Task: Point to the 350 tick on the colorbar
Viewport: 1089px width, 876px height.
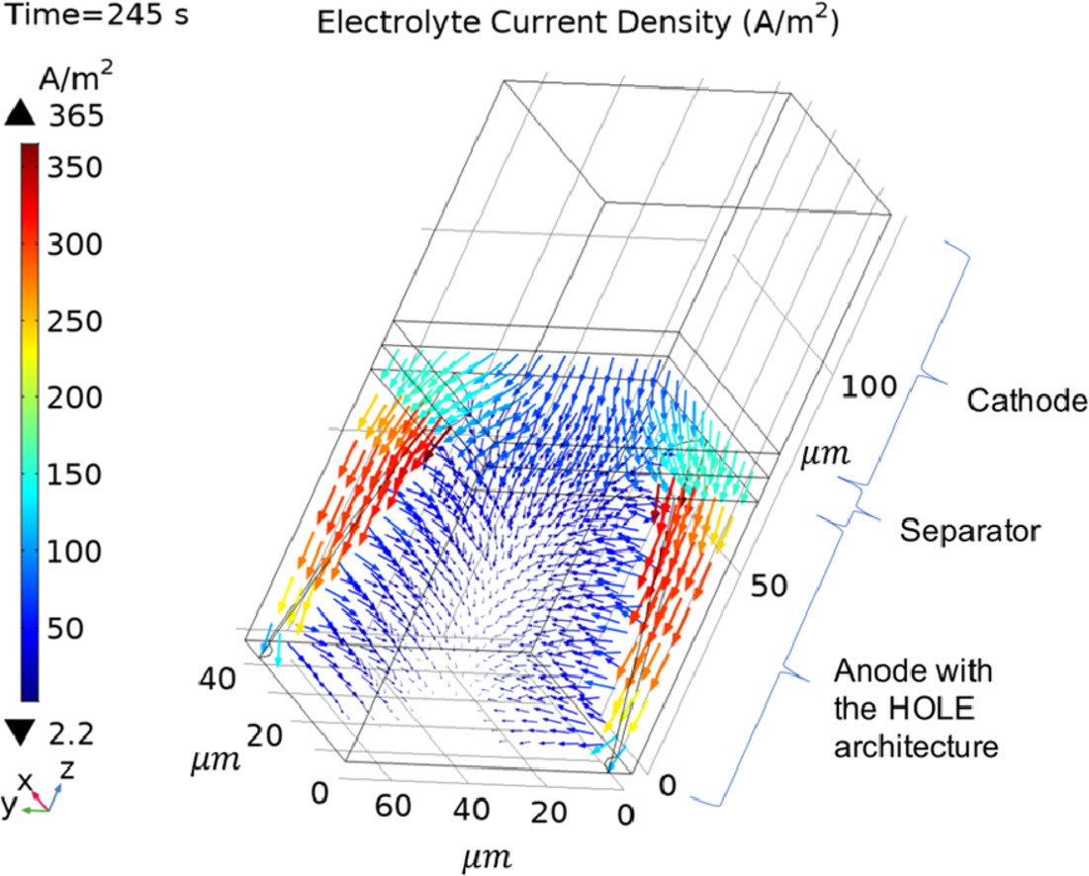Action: tap(75, 167)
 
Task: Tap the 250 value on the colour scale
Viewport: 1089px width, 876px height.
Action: tap(75, 321)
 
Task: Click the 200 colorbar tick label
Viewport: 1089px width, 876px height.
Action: tap(75, 398)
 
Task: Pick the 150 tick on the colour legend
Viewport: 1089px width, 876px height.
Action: tap(75, 475)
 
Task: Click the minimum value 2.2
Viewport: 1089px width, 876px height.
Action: tap(70, 732)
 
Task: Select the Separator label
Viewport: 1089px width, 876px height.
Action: tap(969, 532)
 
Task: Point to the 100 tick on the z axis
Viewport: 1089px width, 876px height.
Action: tap(868, 388)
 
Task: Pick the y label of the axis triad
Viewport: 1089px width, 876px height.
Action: tap(9, 805)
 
